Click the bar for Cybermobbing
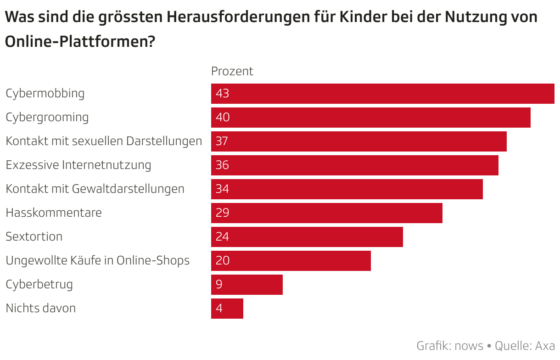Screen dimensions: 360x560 pos(382,94)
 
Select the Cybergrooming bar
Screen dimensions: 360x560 pos(370,118)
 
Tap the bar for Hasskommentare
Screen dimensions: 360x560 pos(326,213)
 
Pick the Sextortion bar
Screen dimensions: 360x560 pos(307,237)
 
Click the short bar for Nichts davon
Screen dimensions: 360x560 pos(227,309)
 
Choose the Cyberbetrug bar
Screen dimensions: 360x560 pos(247,285)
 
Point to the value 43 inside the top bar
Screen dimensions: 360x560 pos(222,94)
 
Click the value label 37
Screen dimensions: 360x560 pos(222,141)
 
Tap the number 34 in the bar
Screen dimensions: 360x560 pos(222,189)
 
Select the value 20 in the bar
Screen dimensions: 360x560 pos(222,261)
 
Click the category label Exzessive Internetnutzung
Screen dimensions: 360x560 pos(78,165)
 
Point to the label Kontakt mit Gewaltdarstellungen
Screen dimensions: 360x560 pos(95,189)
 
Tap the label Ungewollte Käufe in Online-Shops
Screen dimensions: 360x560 pos(97,260)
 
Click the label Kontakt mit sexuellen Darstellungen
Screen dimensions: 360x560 pos(104,141)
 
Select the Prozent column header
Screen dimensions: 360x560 pos(232,71)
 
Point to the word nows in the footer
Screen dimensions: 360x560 pos(469,345)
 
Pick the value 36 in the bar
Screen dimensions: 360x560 pos(222,165)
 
